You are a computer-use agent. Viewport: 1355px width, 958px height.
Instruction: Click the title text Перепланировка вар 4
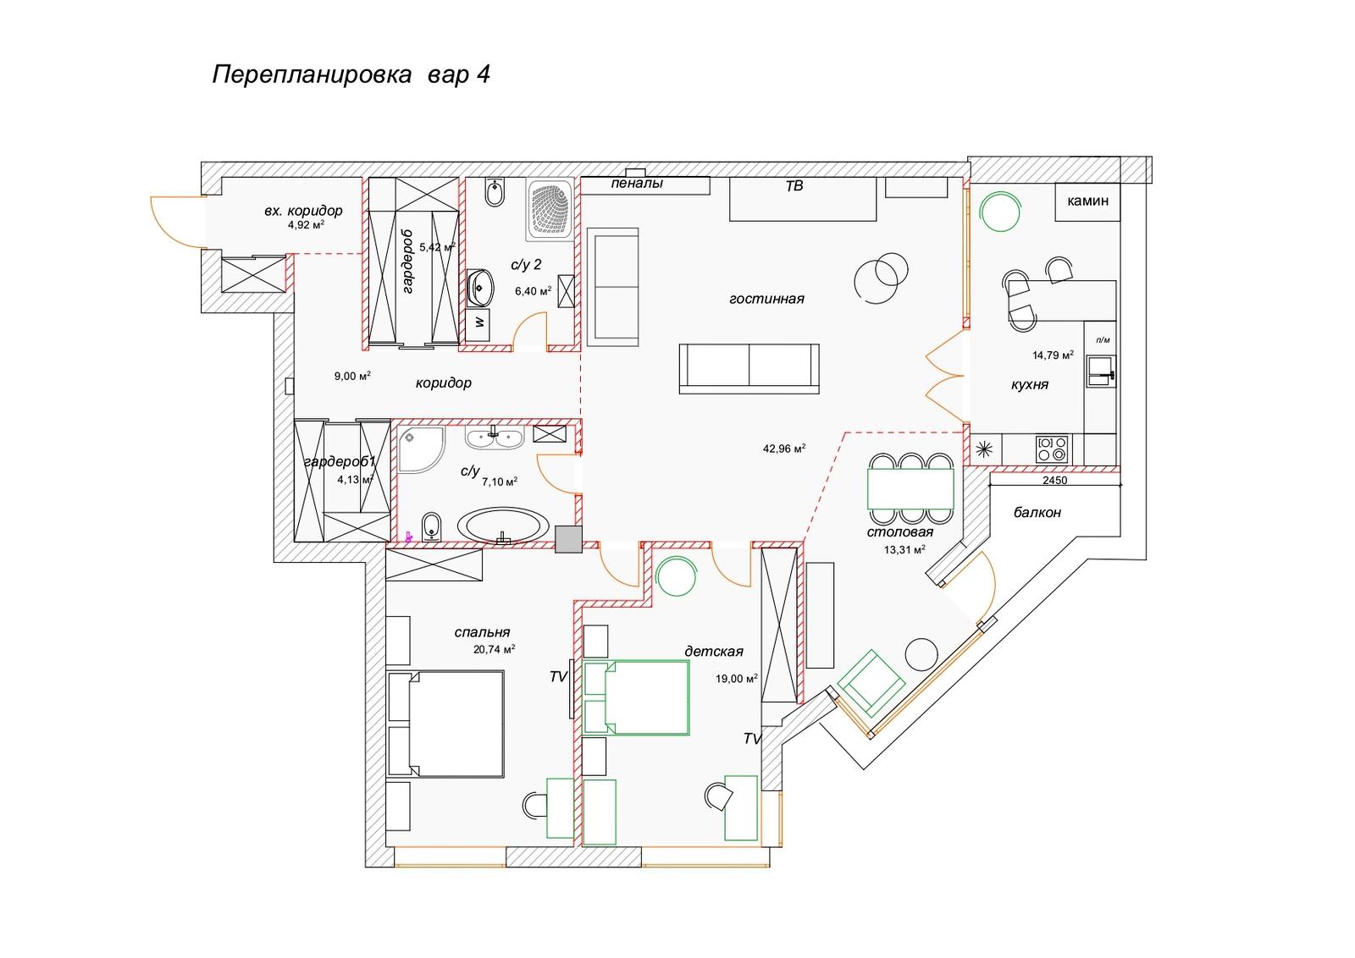pos(351,75)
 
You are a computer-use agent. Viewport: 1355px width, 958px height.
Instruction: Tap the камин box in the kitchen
pos(1087,201)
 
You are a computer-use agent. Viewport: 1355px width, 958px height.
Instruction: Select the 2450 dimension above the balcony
pos(1055,481)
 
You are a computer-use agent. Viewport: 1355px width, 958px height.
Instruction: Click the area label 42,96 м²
pos(784,449)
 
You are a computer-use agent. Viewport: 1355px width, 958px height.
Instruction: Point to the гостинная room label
pos(766,299)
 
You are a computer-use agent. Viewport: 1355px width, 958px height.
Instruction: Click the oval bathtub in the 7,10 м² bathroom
pos(503,525)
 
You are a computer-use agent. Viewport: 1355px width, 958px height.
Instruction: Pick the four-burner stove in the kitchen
pos(1052,449)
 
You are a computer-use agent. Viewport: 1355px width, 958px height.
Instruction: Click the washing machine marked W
pos(478,326)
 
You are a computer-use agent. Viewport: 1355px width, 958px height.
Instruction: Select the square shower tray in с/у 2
pos(550,209)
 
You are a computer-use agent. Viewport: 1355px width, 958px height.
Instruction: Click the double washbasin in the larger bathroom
pos(495,437)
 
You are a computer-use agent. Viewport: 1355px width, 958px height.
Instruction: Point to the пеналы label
pos(636,183)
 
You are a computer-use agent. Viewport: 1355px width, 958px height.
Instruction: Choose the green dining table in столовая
pos(911,488)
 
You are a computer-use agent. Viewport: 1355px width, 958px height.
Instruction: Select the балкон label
pos(1037,513)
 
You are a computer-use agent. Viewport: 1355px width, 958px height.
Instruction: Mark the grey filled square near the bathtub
pos(568,539)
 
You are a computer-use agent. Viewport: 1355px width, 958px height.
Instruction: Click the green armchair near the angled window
pos(871,682)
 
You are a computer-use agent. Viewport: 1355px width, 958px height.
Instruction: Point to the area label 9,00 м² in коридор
pos(352,376)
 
